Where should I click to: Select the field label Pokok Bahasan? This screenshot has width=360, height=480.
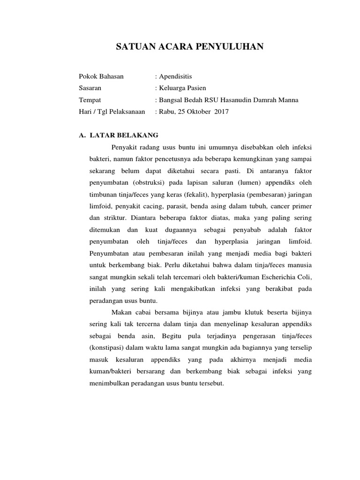point(101,76)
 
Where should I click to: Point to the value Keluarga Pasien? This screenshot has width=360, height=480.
point(182,88)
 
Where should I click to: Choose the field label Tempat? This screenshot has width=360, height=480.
point(90,100)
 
